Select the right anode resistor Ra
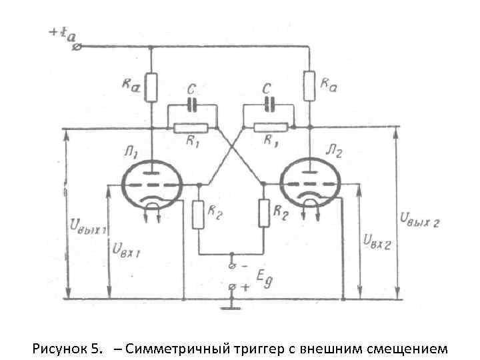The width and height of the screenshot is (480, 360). pos(309,85)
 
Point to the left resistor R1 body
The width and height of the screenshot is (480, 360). pos(191,127)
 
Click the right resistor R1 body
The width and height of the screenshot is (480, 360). pos(270,127)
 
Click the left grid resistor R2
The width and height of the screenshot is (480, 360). pos(197,215)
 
